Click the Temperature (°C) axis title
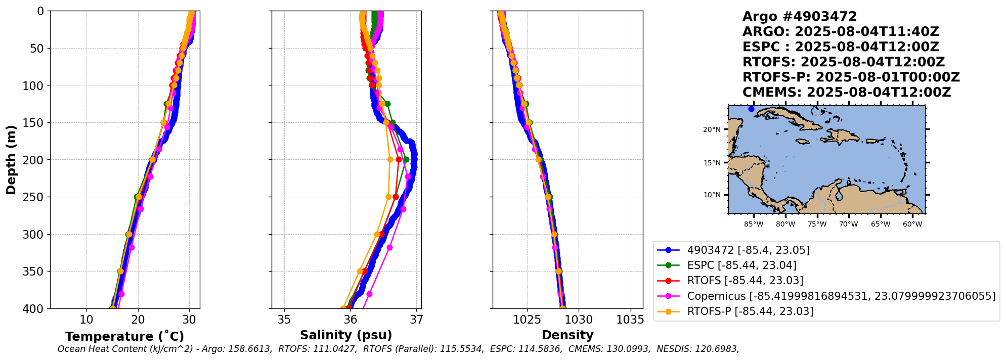[124, 337]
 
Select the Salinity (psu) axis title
[346, 335]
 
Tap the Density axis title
[567, 335]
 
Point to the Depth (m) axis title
[11, 160]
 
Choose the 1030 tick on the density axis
[579, 320]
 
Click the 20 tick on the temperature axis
[138, 320]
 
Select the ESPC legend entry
[741, 265]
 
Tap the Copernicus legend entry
[841, 296]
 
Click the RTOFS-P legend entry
[750, 311]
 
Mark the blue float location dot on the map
[751, 109]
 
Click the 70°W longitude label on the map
[849, 224]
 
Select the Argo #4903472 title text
[800, 17]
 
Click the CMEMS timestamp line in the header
[846, 93]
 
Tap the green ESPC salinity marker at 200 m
[406, 160]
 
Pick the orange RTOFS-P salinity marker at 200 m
[390, 160]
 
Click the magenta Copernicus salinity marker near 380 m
[369, 294]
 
